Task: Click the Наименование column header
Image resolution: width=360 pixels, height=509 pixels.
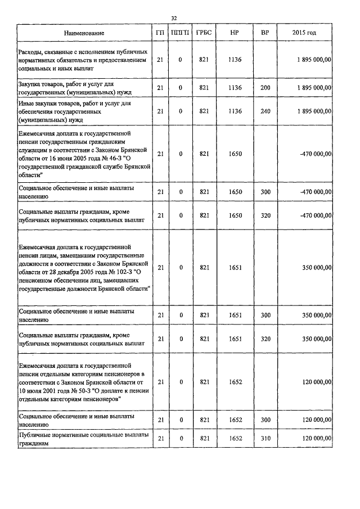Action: (84, 33)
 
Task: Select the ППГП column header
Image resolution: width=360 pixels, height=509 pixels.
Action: (181, 33)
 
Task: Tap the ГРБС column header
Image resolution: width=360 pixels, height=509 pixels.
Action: (204, 33)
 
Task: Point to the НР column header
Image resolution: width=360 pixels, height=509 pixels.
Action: (235, 33)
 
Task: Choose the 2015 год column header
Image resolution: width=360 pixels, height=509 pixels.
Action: (304, 33)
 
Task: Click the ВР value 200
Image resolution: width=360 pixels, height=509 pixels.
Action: (265, 88)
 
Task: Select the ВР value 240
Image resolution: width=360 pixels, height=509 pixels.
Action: (265, 111)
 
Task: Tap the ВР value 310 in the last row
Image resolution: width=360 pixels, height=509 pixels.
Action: (265, 438)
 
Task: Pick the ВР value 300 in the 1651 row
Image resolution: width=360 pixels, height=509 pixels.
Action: (265, 315)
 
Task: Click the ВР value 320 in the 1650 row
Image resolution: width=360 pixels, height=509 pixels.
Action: (265, 215)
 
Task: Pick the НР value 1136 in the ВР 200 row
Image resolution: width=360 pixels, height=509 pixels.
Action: (235, 88)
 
